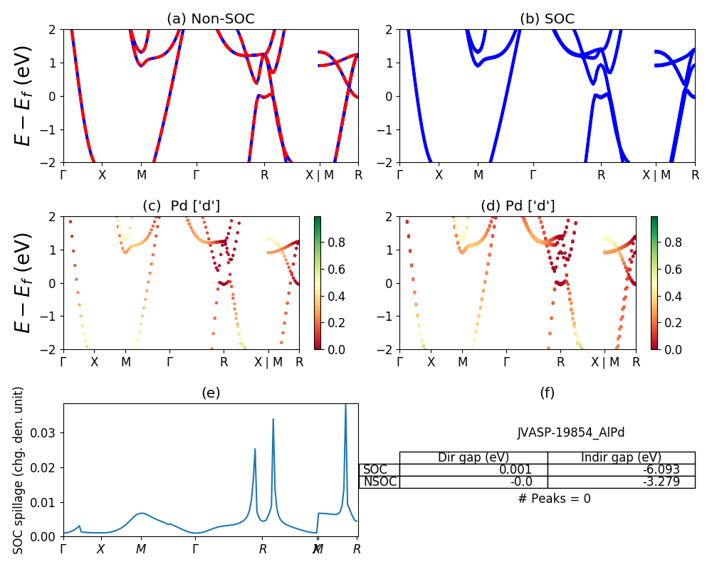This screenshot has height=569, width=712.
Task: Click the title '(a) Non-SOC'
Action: [x=210, y=19]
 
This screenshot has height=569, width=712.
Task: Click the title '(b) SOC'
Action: [x=547, y=19]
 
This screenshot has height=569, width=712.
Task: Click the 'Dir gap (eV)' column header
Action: [x=473, y=457]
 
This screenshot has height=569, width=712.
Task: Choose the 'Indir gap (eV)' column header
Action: [x=621, y=457]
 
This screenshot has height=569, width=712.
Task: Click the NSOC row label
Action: [x=379, y=482]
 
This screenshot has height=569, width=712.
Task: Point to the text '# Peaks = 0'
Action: [x=554, y=499]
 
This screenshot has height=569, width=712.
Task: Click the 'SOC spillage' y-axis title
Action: [x=19, y=469]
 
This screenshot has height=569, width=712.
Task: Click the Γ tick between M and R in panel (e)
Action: [x=196, y=549]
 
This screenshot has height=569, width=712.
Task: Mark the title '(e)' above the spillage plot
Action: [x=210, y=393]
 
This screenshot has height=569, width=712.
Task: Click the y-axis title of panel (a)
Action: [x=23, y=95]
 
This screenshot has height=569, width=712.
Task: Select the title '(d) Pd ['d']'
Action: [x=518, y=206]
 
